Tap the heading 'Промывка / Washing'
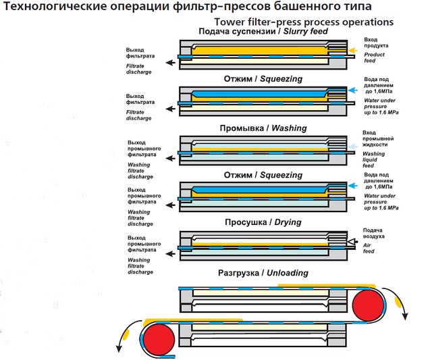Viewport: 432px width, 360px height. click(263, 128)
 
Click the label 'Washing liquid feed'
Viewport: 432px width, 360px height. click(373, 159)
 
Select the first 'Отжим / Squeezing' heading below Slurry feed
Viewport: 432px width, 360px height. click(263, 79)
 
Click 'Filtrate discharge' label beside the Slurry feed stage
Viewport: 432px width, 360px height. click(138, 67)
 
